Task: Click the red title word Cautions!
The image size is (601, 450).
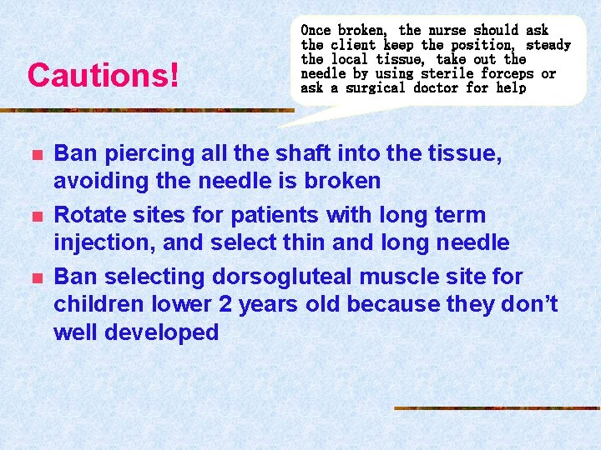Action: [103, 76]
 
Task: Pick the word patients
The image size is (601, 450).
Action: [275, 215]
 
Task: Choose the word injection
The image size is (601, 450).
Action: [98, 242]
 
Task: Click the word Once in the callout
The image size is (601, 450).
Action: [316, 30]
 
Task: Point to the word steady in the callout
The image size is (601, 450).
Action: [548, 44]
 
